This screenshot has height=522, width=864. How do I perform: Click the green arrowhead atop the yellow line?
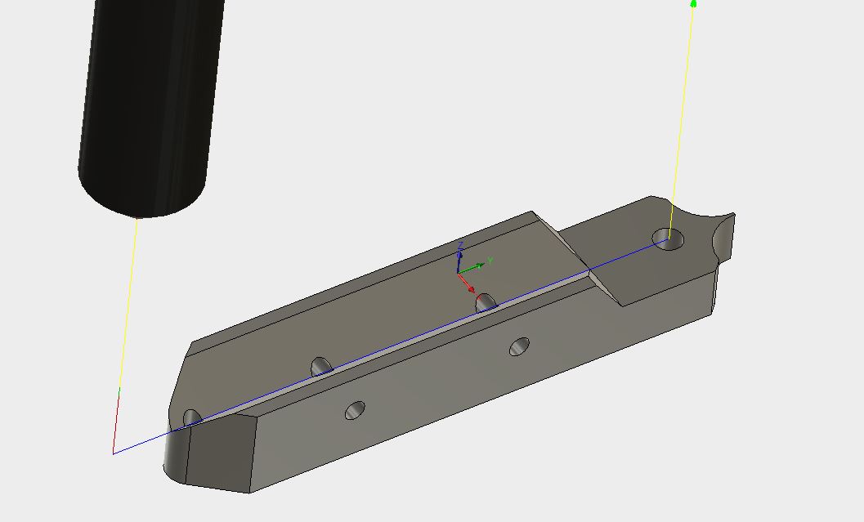693,4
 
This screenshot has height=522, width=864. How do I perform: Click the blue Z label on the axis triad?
461,245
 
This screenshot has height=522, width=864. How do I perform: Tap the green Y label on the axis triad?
490,261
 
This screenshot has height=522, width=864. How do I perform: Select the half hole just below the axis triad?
486,302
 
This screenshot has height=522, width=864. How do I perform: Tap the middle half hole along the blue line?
321,367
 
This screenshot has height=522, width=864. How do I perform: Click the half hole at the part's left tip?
192,418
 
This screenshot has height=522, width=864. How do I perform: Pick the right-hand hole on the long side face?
519,347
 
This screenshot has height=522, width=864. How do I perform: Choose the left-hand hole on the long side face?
354,410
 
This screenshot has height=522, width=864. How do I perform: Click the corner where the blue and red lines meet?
113,452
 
